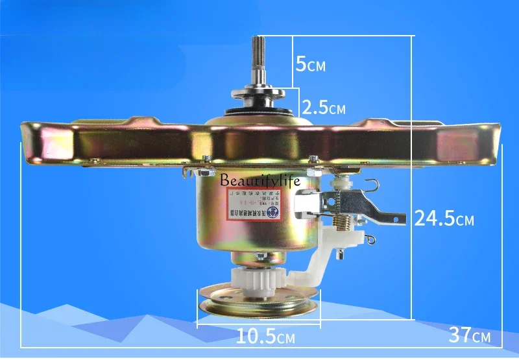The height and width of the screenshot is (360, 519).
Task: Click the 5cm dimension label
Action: pos(310,64)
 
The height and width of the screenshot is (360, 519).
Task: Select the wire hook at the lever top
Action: pos(370,186)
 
